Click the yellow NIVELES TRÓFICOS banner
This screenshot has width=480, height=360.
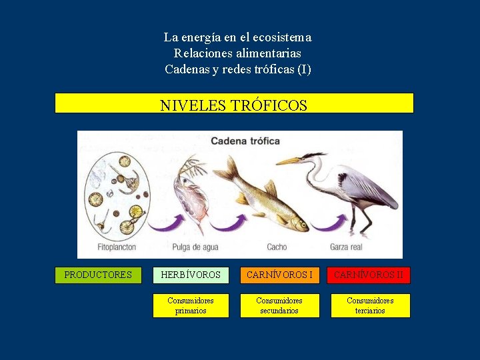coord(234,103)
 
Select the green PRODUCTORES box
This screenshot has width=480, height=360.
coord(98,275)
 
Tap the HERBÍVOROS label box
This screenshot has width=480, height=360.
coord(191,275)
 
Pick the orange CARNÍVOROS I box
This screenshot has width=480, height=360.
coord(279,275)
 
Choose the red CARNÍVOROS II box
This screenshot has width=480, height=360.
coord(369,275)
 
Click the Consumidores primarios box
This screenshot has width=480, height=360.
coord(191,305)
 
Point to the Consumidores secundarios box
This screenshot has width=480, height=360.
coord(279,305)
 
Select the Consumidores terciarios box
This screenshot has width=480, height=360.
coord(370,305)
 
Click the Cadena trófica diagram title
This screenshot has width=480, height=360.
coord(245,141)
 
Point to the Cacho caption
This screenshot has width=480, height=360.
coord(277,247)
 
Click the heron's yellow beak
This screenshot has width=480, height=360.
coord(288,161)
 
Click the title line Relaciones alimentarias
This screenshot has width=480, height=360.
coord(237,53)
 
